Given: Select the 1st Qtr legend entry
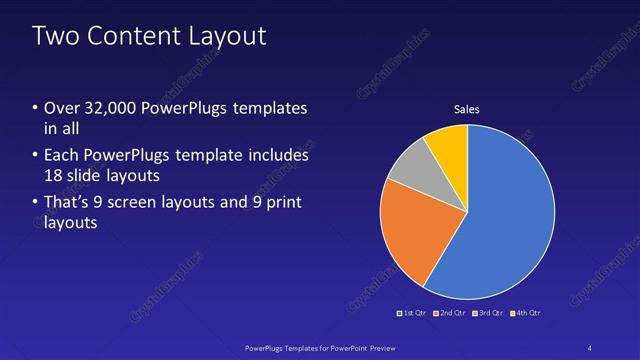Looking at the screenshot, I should tap(414, 313).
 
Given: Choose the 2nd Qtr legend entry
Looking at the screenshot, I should tap(449, 313).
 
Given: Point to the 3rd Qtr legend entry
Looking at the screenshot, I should tap(487, 313).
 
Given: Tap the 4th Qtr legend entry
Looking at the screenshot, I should tap(525, 313).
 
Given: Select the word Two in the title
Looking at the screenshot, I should tap(54, 37).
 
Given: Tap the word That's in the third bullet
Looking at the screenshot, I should tap(67, 203).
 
